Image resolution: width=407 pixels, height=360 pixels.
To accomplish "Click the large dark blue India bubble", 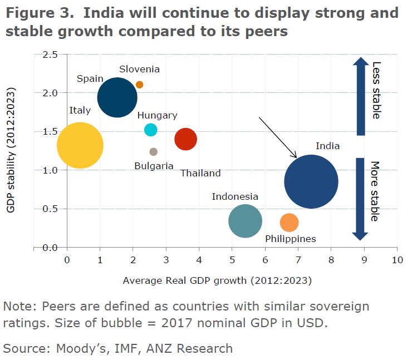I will tap(311, 181).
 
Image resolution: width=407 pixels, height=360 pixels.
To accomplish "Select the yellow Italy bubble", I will tap(80, 145).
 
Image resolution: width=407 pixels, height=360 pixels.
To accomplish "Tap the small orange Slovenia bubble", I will tap(139, 85).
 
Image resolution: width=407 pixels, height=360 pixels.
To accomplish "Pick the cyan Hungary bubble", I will tap(150, 130).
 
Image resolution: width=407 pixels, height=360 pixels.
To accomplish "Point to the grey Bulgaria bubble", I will tap(154, 151).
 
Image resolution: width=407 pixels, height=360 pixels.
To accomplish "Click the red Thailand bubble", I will tap(185, 139).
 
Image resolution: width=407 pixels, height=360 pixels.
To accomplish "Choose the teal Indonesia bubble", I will tap(245, 221).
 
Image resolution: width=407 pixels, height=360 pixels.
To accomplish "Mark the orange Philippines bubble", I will tap(289, 223).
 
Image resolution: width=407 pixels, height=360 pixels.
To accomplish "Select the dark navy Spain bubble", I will tap(117, 97).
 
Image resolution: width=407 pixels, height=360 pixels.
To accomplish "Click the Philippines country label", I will tap(290, 239).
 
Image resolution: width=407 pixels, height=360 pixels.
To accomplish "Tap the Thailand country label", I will tap(200, 173).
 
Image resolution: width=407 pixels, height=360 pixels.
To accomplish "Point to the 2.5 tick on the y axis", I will tap(50, 54).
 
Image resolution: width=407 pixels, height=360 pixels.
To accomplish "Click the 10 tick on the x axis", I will tap(397, 259).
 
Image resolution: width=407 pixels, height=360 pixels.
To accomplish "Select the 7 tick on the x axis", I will tap(298, 259).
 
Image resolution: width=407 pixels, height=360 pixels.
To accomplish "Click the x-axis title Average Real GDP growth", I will tap(217, 280).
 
